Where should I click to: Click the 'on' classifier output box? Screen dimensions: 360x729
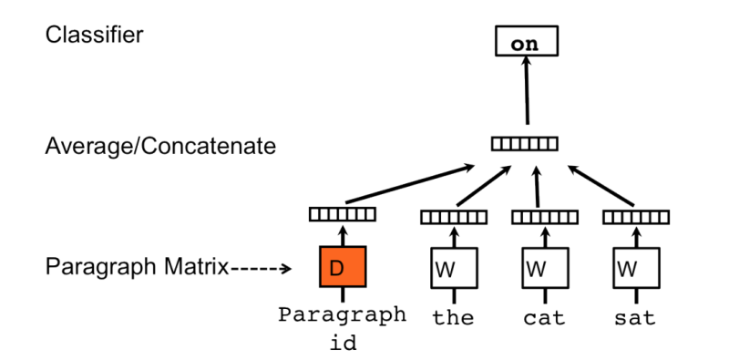point(524,42)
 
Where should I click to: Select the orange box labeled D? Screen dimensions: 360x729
point(342,268)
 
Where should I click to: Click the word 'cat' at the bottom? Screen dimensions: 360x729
point(543,318)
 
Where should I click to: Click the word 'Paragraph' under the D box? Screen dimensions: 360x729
point(342,315)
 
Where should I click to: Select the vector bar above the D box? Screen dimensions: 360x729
point(342,214)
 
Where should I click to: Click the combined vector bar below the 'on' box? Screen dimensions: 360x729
point(524,143)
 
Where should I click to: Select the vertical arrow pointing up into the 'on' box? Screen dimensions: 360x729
point(525,96)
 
